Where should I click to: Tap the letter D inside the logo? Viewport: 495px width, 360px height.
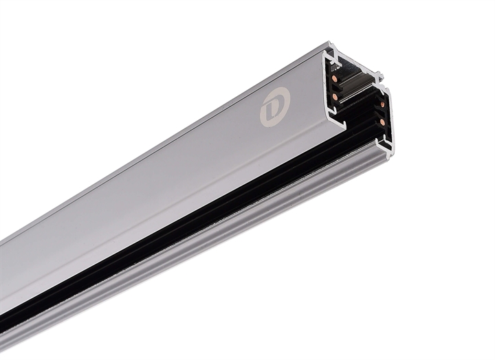click(x=274, y=107)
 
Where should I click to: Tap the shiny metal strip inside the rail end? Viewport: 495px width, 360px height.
click(x=358, y=83)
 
